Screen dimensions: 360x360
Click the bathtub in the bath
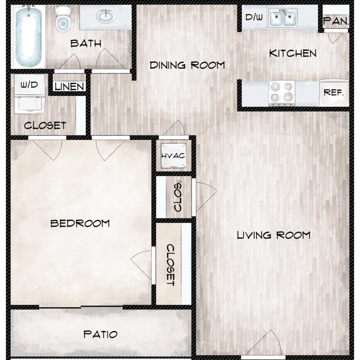coord(28,36)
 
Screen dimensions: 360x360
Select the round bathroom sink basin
coord(106,16)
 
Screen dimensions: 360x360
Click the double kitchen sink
coord(283,18)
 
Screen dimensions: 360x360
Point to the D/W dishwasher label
coord(254,17)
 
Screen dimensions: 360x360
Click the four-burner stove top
coord(282,93)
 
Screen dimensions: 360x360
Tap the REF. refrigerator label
coord(334,93)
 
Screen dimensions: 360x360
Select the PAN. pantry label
coord(336,21)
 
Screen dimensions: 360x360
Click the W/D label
coord(29,85)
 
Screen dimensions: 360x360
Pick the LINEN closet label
coord(69,86)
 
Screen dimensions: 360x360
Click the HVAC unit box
coord(173,156)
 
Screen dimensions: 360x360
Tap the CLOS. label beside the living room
coord(178,197)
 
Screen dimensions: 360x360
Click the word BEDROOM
coord(80,223)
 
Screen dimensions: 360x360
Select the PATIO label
coord(100,334)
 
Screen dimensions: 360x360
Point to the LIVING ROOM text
coord(274,235)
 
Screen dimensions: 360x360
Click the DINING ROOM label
coord(187,65)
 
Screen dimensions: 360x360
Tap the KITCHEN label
coord(293,53)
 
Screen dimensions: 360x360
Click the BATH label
coord(85,43)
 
